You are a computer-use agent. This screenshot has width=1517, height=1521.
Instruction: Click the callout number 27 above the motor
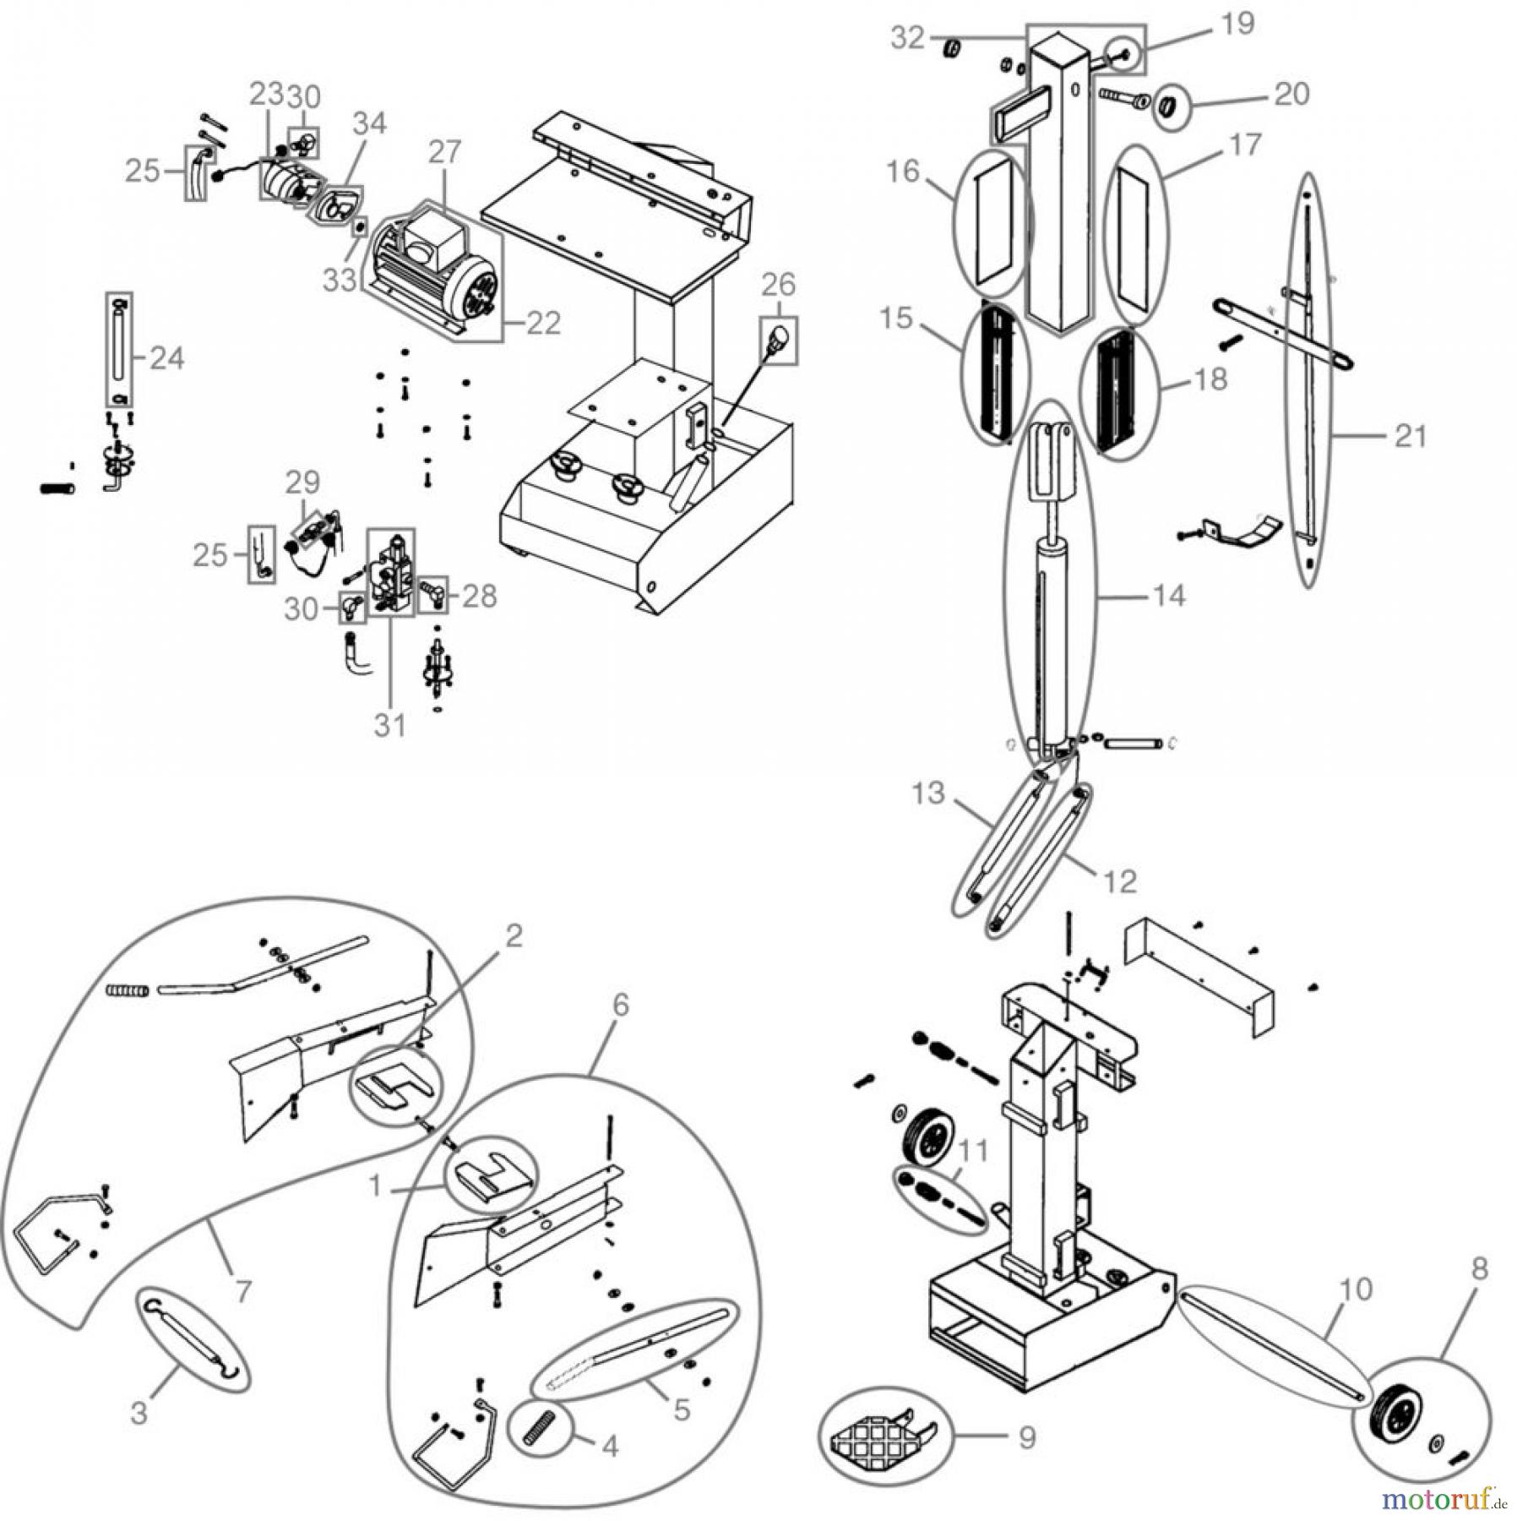pyautogui.click(x=444, y=151)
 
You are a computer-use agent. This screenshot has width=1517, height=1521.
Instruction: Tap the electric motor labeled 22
pyautogui.click(x=431, y=270)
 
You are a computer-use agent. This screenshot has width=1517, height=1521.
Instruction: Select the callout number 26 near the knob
pyautogui.click(x=779, y=285)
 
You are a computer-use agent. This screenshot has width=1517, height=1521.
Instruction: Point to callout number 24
pyautogui.click(x=166, y=358)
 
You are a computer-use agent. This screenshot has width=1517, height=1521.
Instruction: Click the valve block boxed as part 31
pyautogui.click(x=391, y=572)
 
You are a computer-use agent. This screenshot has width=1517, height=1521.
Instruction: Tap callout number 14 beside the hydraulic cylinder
pyautogui.click(x=1169, y=596)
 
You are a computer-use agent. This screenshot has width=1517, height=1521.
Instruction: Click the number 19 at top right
pyautogui.click(x=1237, y=24)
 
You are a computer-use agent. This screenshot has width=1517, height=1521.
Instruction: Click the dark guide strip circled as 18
pyautogui.click(x=1119, y=393)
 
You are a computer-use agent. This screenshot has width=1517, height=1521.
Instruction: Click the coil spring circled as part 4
pyautogui.click(x=538, y=1427)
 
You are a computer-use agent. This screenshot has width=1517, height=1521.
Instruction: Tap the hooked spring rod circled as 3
pyautogui.click(x=193, y=1340)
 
